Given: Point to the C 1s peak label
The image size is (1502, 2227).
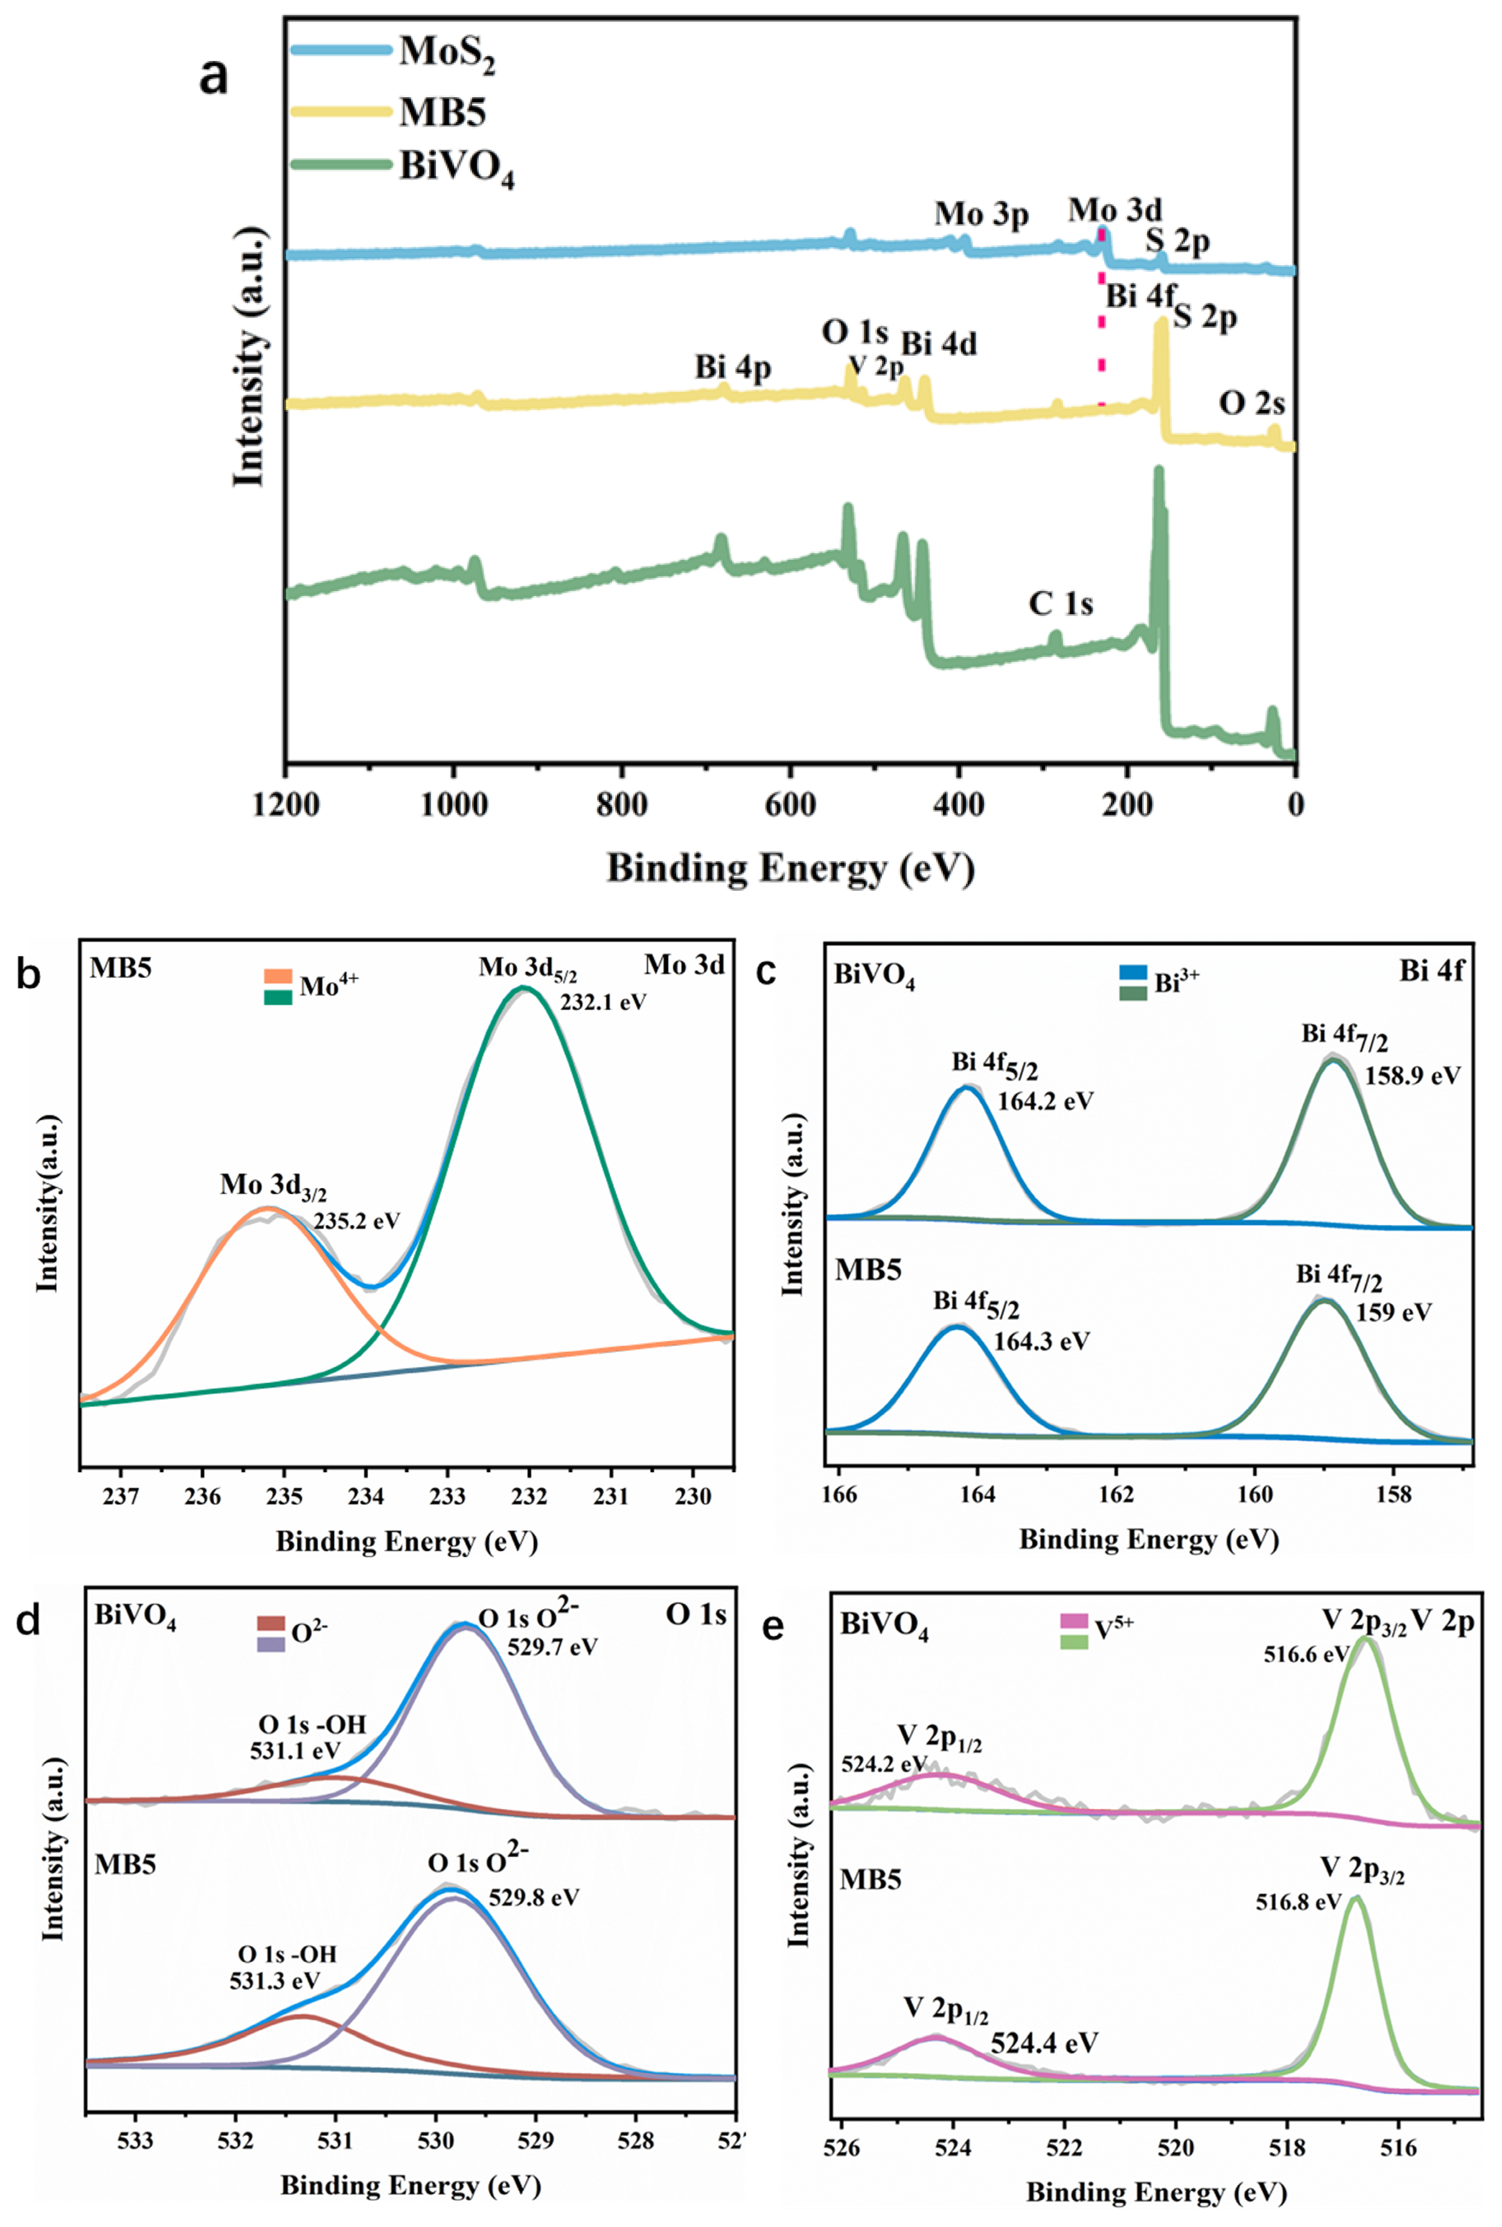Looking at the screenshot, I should coord(1061,603).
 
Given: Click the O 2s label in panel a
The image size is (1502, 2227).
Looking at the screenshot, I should coord(1251,403).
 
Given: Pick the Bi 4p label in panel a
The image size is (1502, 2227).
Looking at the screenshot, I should coord(733,367).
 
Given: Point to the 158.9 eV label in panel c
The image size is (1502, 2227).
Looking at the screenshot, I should coord(1412,1075).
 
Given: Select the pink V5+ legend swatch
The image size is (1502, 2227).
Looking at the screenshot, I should coord(1074,1621).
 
